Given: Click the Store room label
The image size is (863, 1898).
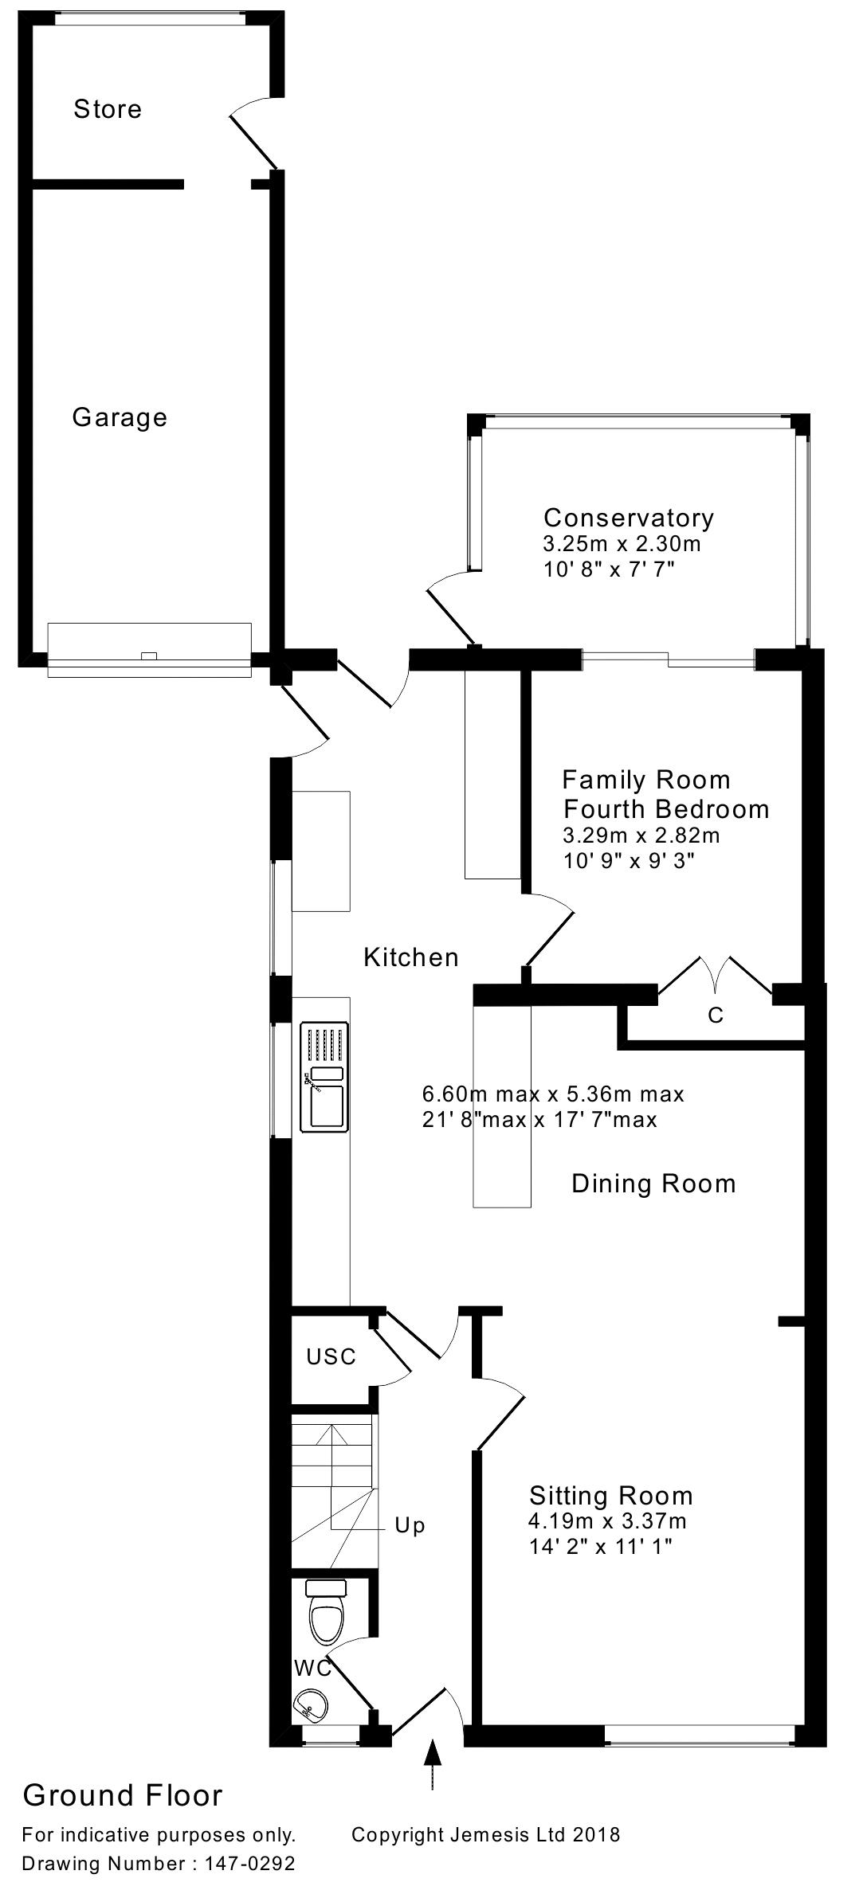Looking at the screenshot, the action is click(x=108, y=109).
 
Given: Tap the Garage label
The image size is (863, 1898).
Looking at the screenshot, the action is click(x=120, y=417).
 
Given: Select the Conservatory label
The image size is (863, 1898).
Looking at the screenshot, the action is click(x=629, y=518).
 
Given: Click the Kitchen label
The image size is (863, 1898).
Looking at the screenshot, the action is click(x=411, y=957).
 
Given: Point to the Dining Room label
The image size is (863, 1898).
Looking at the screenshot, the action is click(x=653, y=1184).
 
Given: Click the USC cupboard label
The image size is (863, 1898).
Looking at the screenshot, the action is click(x=331, y=1356).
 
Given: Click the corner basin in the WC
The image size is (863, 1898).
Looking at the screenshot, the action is click(x=311, y=1707).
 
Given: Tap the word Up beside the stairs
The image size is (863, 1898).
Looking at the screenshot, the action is click(x=410, y=1526).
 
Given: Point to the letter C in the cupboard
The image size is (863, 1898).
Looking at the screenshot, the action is click(x=716, y=1016).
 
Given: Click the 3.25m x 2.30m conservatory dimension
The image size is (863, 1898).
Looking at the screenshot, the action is click(x=622, y=545).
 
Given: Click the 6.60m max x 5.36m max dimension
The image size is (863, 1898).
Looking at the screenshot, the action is click(x=553, y=1094).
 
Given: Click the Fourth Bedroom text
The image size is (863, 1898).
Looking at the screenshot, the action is click(x=666, y=809).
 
